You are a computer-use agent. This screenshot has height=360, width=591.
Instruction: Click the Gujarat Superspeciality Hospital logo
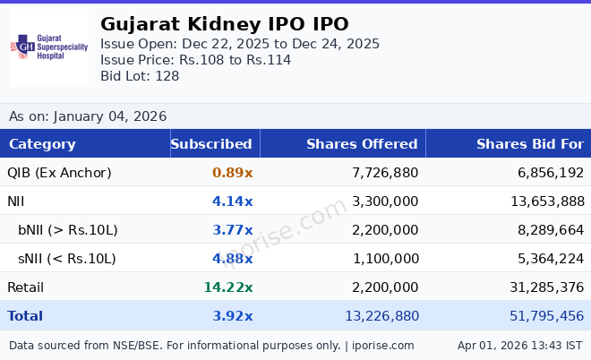49,47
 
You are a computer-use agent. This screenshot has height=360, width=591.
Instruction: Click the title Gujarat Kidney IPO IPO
225,24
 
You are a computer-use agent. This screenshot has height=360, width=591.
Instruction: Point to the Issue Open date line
240,44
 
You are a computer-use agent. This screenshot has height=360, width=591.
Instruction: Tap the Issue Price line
195,60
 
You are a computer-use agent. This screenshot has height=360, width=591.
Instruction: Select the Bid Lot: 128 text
140,76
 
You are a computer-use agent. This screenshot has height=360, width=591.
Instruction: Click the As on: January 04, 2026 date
88,116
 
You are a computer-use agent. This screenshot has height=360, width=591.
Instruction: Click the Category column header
42,144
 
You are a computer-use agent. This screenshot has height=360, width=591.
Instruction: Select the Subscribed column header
211,144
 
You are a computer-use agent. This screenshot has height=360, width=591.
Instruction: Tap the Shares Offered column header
362,144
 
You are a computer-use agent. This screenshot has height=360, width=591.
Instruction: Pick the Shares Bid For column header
530,144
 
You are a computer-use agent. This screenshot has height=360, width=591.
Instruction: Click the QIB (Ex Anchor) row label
59,173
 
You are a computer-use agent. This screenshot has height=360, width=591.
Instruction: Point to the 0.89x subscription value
232,173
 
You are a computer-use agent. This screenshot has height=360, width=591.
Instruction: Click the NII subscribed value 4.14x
232,201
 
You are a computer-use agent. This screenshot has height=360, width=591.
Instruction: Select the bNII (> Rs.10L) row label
68,230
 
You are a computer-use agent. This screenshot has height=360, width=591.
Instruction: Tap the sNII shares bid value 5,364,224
547,259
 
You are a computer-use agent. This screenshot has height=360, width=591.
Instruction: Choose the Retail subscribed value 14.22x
228,287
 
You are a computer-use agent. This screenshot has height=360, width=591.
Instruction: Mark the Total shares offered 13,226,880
381,316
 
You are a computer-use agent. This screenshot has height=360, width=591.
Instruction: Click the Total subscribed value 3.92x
232,316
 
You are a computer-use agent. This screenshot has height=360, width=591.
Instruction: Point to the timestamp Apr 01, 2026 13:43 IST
519,345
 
